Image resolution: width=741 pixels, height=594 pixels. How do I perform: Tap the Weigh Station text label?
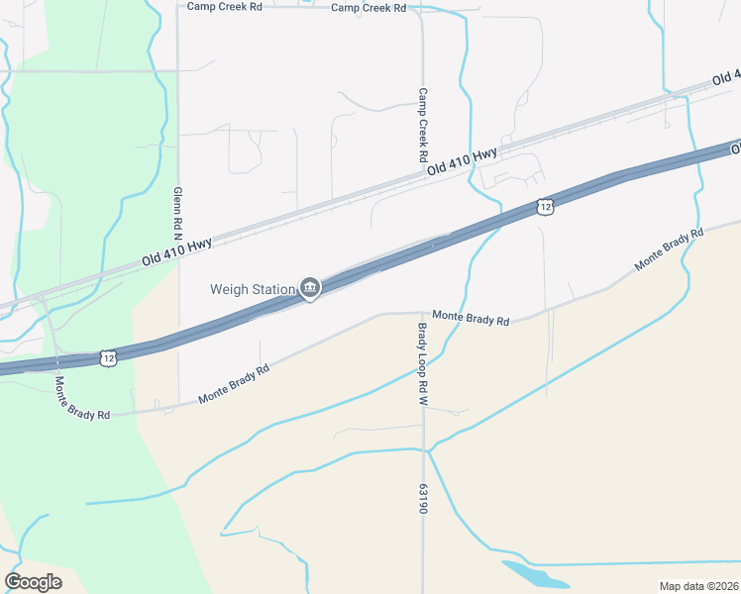point(253,289)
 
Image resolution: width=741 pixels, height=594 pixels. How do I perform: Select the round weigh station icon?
point(310,288)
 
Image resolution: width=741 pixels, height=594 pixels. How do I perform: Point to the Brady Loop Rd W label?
point(422,364)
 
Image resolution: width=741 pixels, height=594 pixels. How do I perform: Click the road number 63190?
point(423,498)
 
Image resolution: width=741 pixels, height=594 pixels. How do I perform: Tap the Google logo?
point(33,581)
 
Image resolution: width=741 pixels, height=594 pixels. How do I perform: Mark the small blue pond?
point(535,575)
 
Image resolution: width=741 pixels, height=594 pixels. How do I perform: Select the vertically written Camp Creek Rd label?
point(422,126)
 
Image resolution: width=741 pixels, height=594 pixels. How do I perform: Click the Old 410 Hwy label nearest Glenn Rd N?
point(177,251)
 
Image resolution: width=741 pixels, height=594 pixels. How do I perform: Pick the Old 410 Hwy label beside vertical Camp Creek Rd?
point(462,163)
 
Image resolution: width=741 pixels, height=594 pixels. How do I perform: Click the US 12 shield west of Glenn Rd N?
point(107,357)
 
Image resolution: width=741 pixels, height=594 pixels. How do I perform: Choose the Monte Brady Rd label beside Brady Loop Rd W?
point(471,319)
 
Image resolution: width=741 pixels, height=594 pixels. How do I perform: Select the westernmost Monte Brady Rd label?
point(81,397)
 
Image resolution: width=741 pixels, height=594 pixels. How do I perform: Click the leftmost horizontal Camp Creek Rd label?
point(226,6)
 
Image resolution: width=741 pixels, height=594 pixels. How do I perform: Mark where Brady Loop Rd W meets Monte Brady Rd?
point(423,313)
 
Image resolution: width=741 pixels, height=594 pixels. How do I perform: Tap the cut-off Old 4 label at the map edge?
point(726,77)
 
